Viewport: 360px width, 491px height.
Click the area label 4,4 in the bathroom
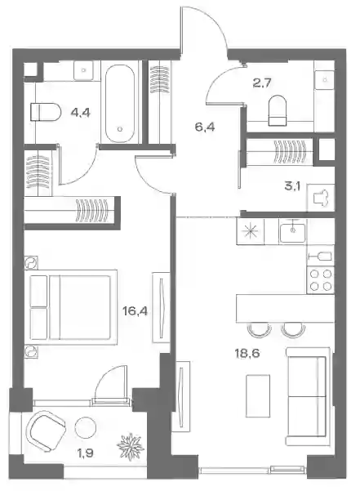(80, 112)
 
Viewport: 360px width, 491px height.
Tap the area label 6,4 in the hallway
(205, 127)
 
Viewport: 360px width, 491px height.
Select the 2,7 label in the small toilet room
(262, 83)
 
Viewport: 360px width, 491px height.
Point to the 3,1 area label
(292, 186)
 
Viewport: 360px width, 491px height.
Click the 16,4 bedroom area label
(136, 311)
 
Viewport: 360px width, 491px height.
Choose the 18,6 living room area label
(247, 353)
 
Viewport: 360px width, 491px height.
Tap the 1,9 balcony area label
(85, 453)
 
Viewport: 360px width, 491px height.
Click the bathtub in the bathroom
(120, 104)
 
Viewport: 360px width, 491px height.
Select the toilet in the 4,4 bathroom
(46, 112)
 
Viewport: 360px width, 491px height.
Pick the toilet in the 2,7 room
(278, 110)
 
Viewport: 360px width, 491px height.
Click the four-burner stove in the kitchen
(321, 280)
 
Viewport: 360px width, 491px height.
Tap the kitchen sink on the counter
(293, 232)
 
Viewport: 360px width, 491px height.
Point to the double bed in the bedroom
(73, 307)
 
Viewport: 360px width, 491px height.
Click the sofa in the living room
(308, 396)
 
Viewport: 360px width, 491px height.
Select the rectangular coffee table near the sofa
(258, 395)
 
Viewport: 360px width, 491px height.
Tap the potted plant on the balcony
(131, 447)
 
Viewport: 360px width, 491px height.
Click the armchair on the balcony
(46, 431)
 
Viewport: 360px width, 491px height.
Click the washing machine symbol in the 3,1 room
(321, 198)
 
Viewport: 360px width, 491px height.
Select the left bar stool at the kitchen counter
(259, 330)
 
